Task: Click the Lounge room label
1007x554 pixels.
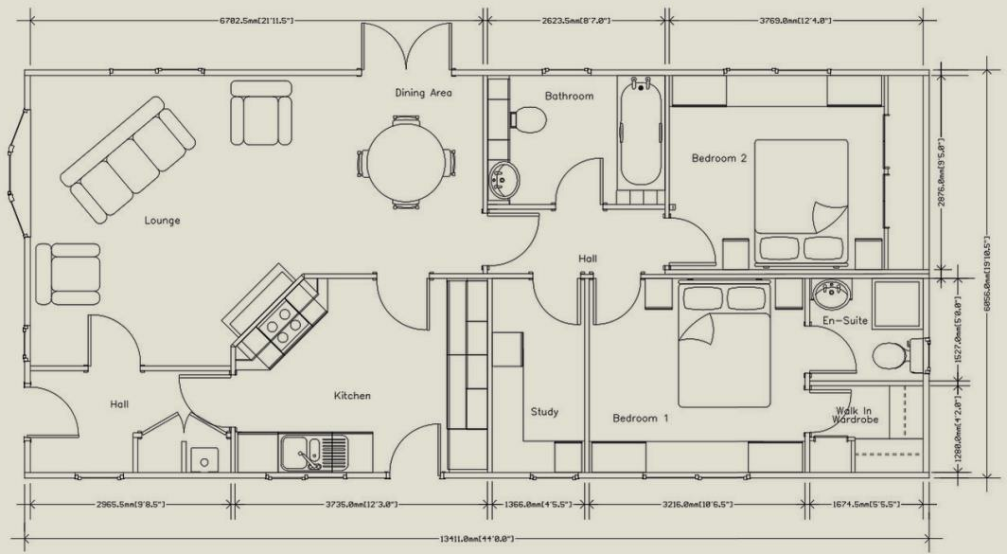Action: [x=162, y=221]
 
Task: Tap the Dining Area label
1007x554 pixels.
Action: [x=423, y=93]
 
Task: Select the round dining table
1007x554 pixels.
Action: [x=404, y=162]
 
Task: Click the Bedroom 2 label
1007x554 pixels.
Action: [x=718, y=158]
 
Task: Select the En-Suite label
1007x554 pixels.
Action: [x=845, y=321]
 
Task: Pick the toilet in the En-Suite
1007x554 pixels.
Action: [x=892, y=356]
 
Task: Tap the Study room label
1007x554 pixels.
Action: [x=544, y=412]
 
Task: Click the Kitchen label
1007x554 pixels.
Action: [x=351, y=395]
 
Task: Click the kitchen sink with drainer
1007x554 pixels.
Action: [x=313, y=453]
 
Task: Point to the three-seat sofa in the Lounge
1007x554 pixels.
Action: [x=128, y=159]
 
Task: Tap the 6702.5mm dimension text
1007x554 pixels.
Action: [x=256, y=19]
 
